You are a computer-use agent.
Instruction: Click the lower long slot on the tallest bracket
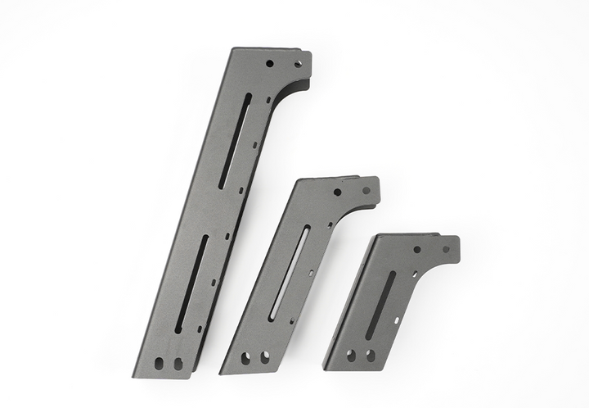tap(192, 283)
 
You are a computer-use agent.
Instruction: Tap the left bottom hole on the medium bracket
tap(246, 357)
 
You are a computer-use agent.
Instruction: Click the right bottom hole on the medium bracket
tap(264, 356)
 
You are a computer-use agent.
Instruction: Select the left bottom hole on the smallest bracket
tap(351, 356)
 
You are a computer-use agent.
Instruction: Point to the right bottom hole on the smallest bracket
tap(370, 356)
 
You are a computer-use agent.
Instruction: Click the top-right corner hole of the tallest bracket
tap(299, 61)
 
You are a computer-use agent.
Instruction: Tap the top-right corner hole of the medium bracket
tap(366, 190)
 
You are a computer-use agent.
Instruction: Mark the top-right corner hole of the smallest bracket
tap(446, 249)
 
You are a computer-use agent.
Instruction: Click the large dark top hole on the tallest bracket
tap(270, 62)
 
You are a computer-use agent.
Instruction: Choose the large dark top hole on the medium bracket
tap(337, 192)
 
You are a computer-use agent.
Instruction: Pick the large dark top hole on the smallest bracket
tap(416, 250)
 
